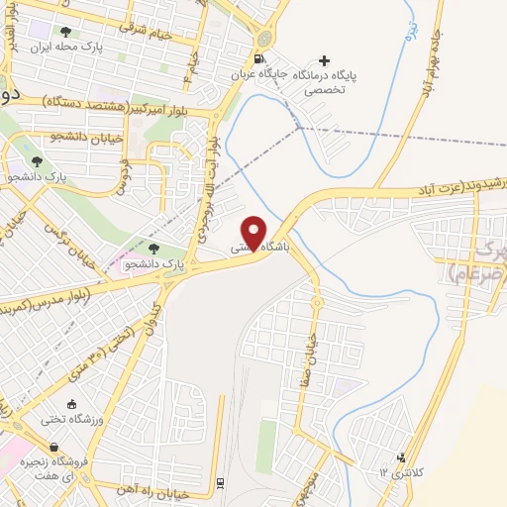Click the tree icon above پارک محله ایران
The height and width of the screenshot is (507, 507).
coord(66,32)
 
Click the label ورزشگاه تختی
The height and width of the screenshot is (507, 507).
coord(71,419)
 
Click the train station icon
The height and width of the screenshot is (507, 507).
coord(219,483)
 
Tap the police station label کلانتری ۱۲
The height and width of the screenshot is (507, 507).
coord(399,472)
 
